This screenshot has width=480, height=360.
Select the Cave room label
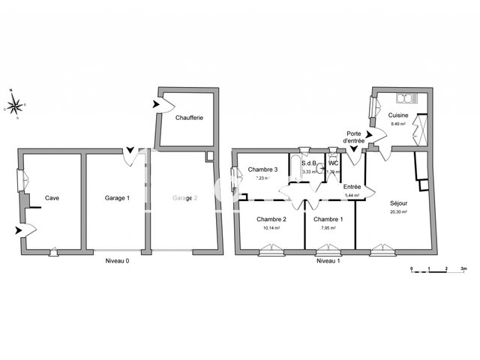pos(52,198)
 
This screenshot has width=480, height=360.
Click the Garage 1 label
pos(117,198)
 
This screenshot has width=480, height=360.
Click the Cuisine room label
pos(398,115)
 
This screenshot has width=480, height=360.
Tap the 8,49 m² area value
pos(397,124)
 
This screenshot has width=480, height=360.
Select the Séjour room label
pos(399,203)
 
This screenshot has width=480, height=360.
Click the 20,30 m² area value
pos(398,212)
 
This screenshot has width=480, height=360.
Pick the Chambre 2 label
pos(271,219)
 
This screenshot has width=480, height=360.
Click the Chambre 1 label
pos(328,219)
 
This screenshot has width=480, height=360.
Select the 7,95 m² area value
pos(328,228)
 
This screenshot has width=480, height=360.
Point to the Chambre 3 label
pos(263,169)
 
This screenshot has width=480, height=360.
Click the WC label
pos(333,163)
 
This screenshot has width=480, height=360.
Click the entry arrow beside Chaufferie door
pos(156,106)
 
